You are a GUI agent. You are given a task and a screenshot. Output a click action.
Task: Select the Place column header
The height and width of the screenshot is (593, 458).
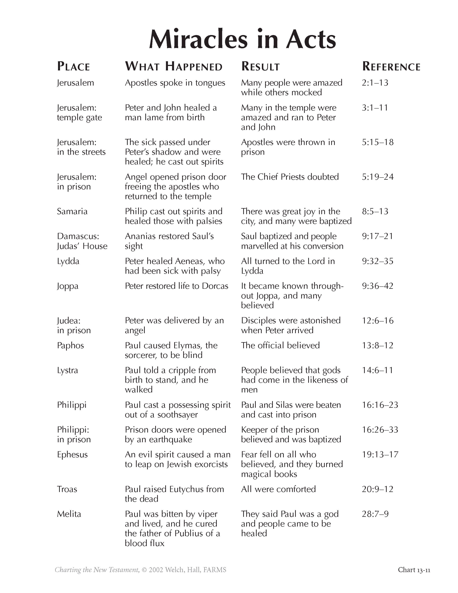point(73,66)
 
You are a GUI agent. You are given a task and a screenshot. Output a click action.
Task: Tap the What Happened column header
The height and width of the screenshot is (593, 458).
point(174,66)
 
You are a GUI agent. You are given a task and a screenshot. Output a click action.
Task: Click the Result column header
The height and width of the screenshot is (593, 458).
point(260,66)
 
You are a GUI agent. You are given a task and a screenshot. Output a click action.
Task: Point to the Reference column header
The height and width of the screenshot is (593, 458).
point(391,66)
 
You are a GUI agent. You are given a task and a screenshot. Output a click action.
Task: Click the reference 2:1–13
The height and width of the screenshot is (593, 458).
point(375,82)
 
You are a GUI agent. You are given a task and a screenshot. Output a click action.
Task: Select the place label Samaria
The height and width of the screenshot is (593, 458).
point(72,211)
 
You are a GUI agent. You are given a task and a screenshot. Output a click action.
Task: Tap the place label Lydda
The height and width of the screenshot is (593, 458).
point(68,261)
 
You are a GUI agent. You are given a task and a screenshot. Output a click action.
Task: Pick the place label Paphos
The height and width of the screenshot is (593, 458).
point(70,345)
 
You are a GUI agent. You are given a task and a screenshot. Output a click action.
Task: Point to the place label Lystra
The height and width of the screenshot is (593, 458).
point(67,370)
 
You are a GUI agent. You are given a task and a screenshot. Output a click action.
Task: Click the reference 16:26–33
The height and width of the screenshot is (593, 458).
point(380,430)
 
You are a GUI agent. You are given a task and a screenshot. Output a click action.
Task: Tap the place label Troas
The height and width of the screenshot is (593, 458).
point(67,489)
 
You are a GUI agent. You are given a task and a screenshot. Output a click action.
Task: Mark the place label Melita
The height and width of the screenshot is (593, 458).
point(69,514)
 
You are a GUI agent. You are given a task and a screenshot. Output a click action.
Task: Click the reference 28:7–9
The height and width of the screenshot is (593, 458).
point(375,514)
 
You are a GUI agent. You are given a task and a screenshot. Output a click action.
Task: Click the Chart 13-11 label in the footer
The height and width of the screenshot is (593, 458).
point(414,570)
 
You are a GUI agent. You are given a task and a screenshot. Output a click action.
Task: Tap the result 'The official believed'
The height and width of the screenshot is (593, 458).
point(280,345)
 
